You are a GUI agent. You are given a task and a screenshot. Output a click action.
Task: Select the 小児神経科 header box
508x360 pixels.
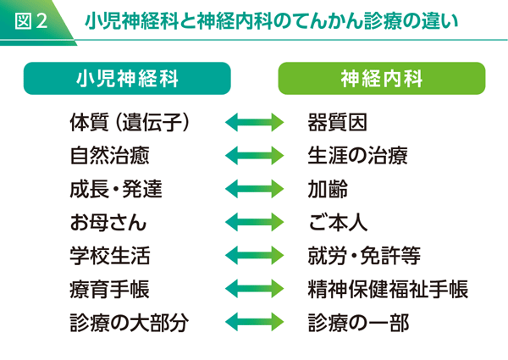[126, 79]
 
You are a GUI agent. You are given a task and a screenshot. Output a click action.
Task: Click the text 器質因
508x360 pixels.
[338, 123]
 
